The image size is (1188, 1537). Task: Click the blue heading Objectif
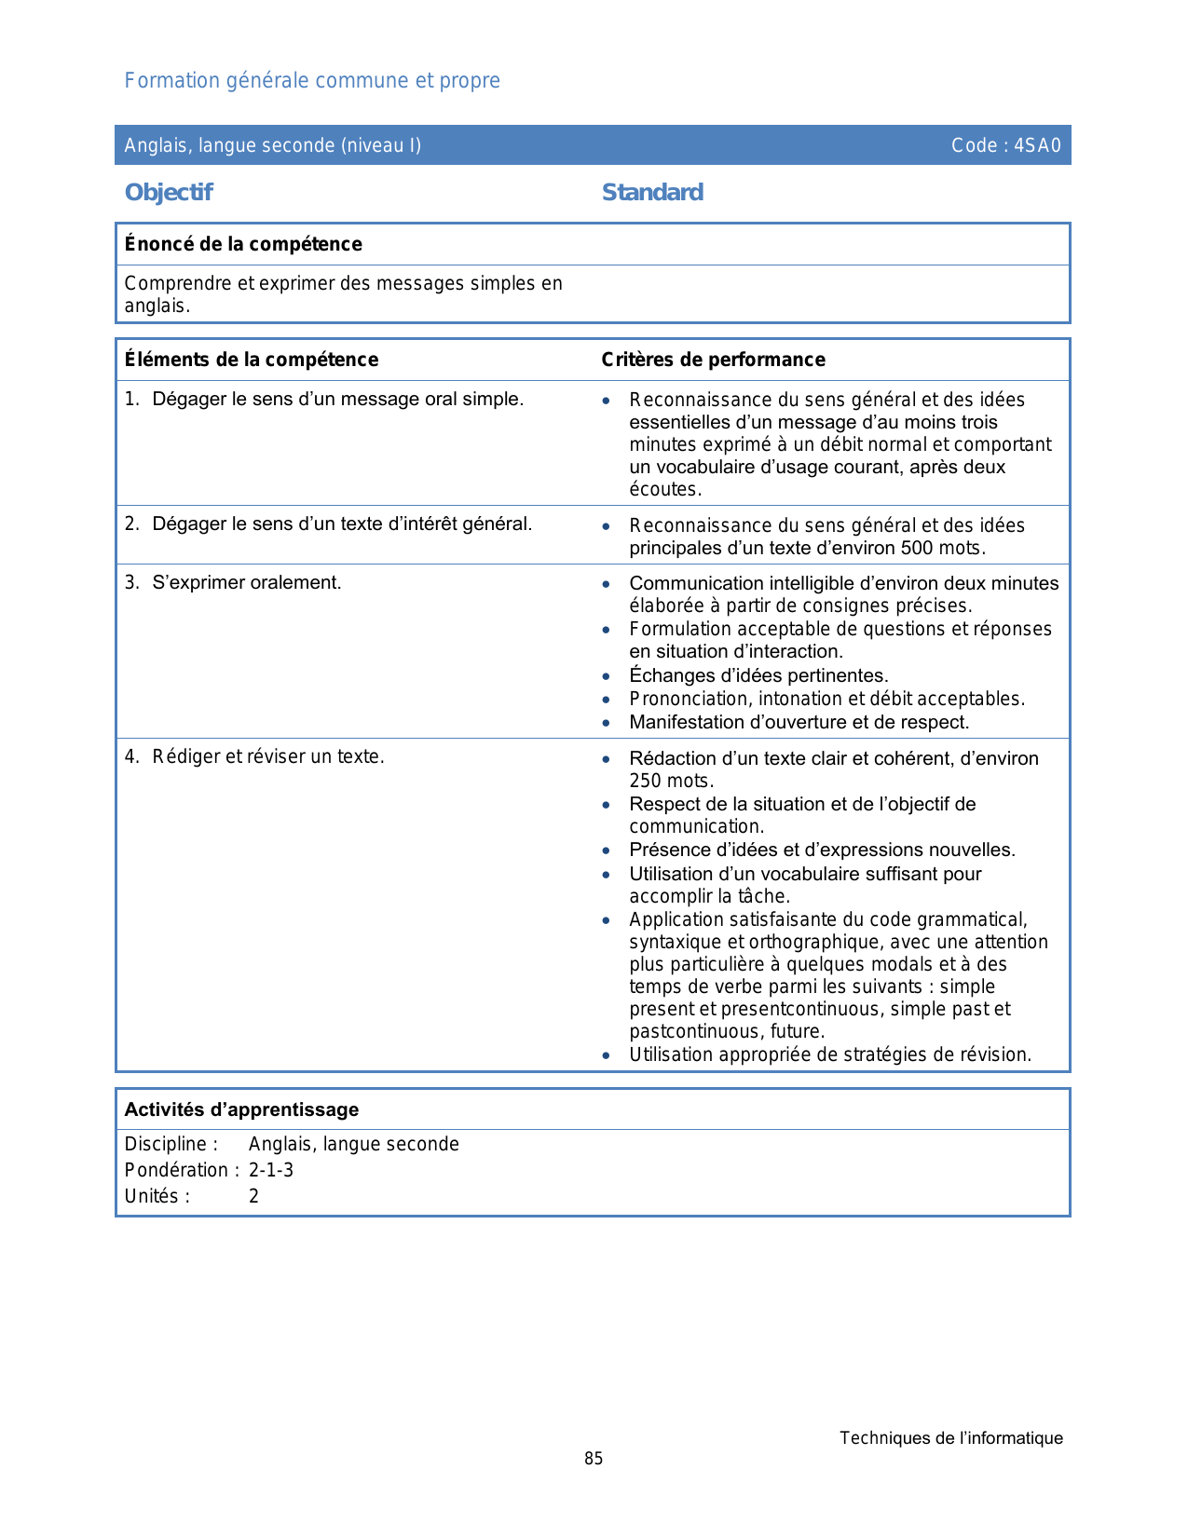(x=169, y=193)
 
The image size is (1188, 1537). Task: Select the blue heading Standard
(x=652, y=193)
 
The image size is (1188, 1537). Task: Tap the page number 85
(x=594, y=1459)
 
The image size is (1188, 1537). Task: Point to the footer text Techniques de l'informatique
(x=950, y=1438)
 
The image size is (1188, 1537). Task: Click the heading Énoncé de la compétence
(x=243, y=244)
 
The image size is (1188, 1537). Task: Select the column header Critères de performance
(x=713, y=360)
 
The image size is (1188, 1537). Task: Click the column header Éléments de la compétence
(x=252, y=360)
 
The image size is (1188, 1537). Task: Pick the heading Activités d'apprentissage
(x=241, y=1109)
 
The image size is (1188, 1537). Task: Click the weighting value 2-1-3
(x=271, y=1170)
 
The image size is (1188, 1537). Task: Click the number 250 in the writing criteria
(x=645, y=781)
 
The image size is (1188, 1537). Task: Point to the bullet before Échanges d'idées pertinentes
(x=607, y=675)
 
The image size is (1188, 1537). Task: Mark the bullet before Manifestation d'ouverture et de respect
(x=607, y=722)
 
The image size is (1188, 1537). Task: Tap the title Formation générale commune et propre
(x=312, y=81)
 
